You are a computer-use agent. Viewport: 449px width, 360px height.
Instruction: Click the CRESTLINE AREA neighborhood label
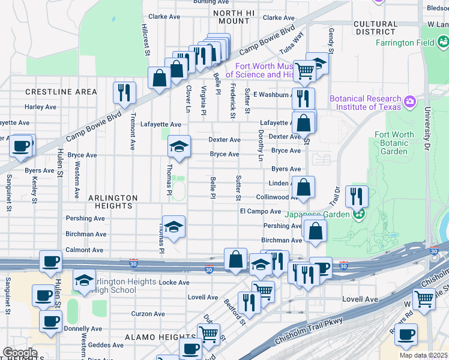click(x=61, y=92)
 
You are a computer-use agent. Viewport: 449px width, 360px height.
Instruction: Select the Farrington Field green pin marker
click(x=444, y=43)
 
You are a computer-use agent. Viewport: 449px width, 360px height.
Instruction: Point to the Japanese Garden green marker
click(x=359, y=213)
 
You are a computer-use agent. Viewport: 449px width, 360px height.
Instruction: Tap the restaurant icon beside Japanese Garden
click(x=357, y=196)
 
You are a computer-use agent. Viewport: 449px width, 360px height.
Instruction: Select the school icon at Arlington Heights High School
click(x=84, y=280)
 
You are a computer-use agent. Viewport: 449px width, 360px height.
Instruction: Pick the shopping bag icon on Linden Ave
click(x=304, y=186)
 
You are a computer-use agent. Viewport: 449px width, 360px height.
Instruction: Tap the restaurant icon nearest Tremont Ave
click(x=124, y=92)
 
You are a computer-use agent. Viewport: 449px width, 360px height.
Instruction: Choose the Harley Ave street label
click(x=40, y=107)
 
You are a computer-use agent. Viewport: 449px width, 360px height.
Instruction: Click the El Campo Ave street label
click(x=261, y=212)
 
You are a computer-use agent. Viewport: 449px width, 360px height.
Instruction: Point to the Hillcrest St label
click(x=145, y=41)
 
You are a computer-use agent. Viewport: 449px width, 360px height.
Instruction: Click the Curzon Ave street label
click(x=148, y=314)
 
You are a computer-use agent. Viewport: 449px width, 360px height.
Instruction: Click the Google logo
click(x=20, y=353)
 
